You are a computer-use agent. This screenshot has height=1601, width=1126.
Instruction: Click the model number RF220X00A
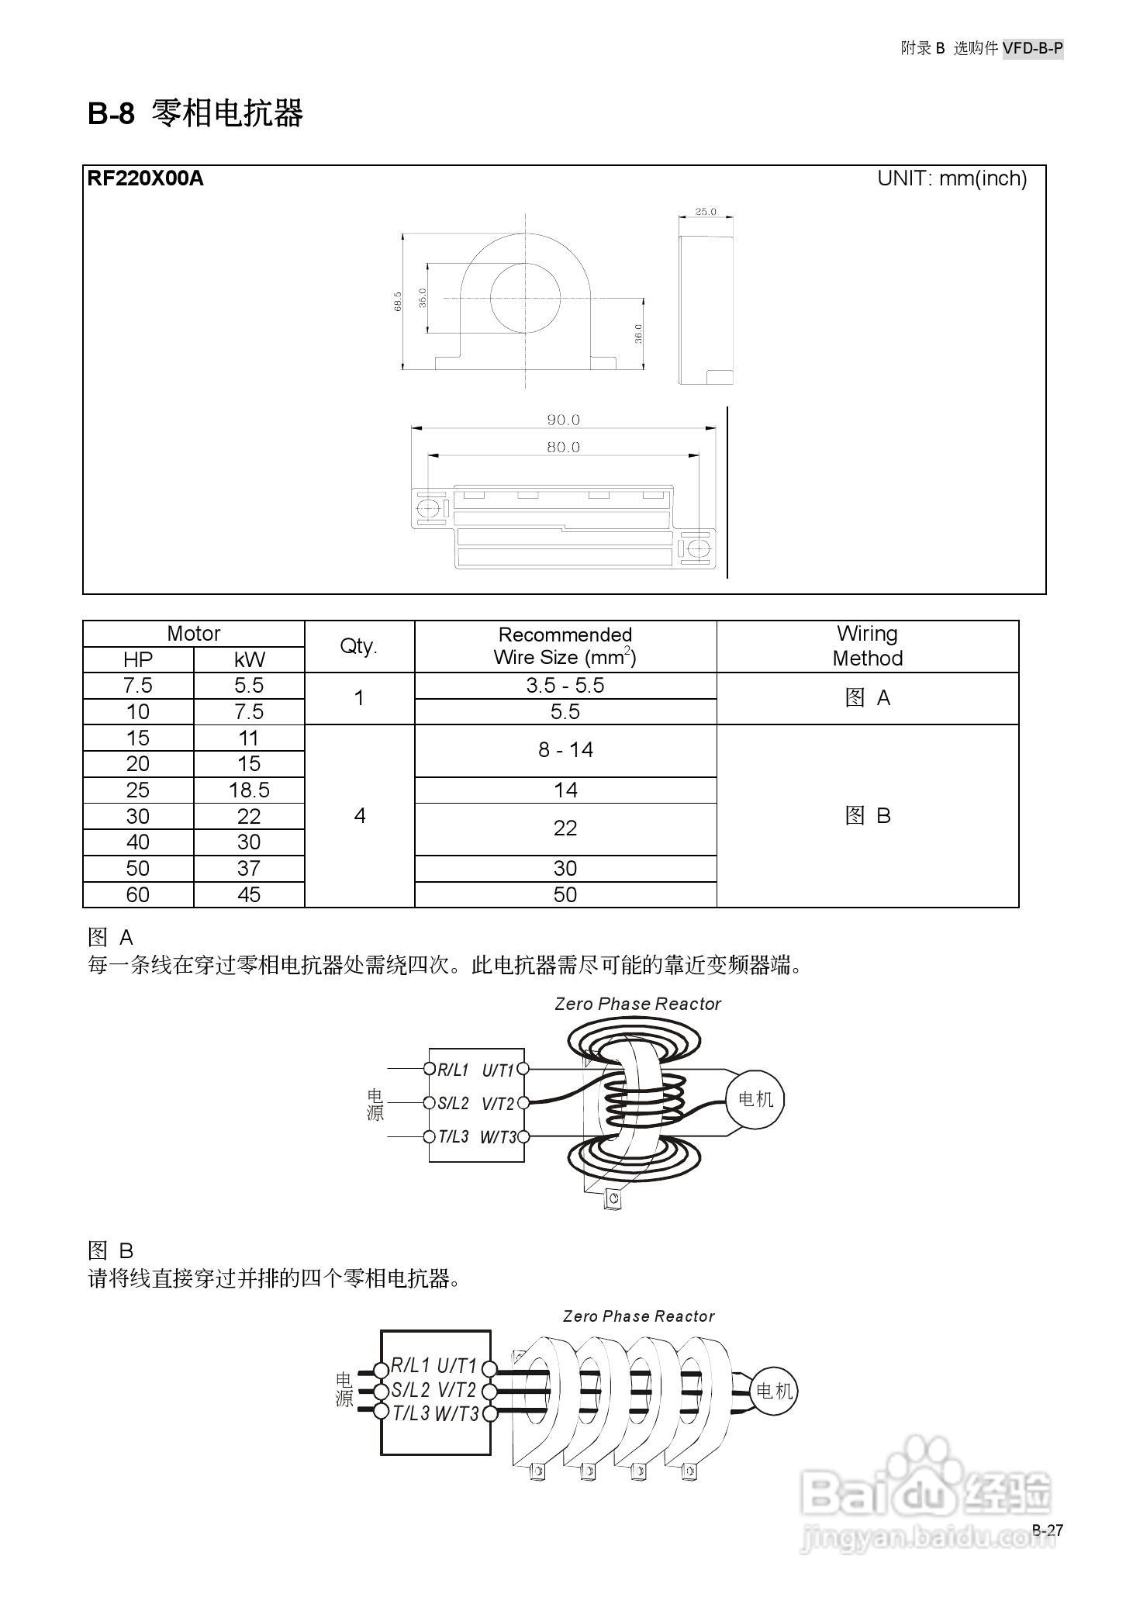tap(145, 178)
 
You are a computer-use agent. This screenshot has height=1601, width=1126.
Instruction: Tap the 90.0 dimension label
tap(563, 420)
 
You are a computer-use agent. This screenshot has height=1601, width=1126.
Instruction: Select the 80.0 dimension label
tap(563, 447)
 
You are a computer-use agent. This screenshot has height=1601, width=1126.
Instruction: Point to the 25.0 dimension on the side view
tap(705, 211)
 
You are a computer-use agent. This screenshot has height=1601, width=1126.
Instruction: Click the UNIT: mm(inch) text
tap(952, 178)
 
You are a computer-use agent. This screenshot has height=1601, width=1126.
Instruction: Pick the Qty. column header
tap(359, 646)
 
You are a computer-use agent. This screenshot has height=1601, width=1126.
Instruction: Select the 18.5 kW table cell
tap(248, 790)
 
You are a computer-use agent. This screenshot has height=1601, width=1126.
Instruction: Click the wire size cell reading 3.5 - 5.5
tap(565, 686)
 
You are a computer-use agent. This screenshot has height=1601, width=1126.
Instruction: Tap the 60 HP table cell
tap(138, 894)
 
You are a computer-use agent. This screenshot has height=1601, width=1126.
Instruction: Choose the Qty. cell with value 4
tap(359, 816)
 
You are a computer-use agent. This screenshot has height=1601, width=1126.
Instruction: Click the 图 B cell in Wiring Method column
tap(867, 816)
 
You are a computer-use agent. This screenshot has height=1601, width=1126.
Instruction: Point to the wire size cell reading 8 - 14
tap(565, 750)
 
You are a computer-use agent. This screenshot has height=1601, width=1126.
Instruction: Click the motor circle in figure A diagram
tap(755, 1099)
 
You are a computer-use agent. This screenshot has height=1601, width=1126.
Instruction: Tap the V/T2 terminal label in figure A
tap(498, 1103)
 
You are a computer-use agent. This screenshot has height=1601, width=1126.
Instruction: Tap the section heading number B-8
tap(111, 114)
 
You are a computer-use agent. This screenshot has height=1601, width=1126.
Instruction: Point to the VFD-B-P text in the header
tap(1032, 48)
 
